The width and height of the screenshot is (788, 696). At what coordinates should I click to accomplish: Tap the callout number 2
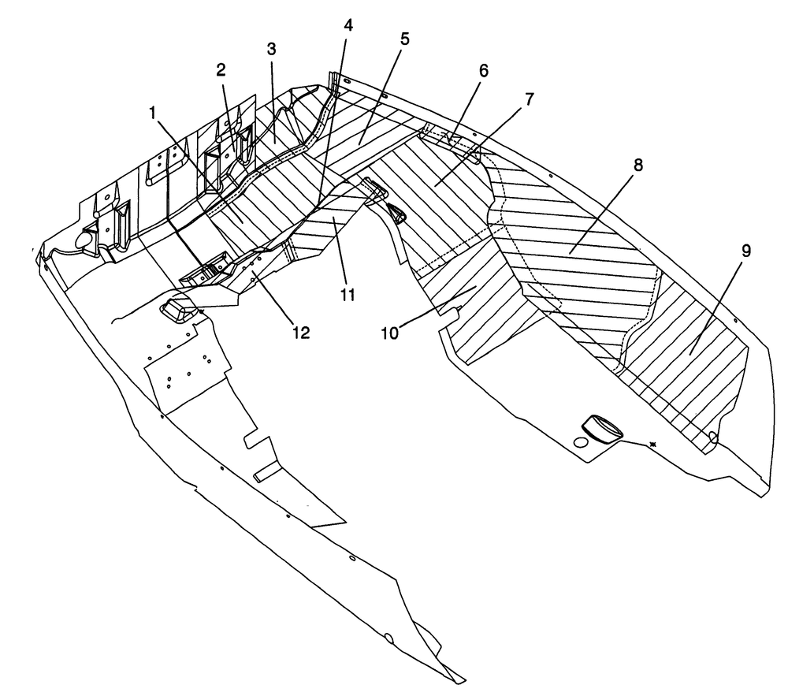221,70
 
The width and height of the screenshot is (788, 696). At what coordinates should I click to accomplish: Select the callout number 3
271,49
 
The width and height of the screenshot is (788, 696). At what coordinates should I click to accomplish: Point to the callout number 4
348,26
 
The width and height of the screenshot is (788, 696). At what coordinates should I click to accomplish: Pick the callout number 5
404,39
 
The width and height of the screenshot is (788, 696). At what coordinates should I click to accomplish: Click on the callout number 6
483,70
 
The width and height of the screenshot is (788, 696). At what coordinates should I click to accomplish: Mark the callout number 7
529,99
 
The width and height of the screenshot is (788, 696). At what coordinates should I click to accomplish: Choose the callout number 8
637,165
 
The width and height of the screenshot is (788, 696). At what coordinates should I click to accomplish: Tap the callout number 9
745,251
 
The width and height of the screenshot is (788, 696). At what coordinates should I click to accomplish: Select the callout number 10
390,333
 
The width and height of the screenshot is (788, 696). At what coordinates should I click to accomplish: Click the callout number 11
348,295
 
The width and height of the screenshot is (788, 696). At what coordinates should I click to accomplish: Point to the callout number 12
300,332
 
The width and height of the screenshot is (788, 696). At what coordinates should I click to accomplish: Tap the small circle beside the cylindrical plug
580,442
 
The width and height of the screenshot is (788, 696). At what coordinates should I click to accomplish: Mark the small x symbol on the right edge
653,444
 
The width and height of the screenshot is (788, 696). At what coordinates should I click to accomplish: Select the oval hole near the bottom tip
388,638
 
